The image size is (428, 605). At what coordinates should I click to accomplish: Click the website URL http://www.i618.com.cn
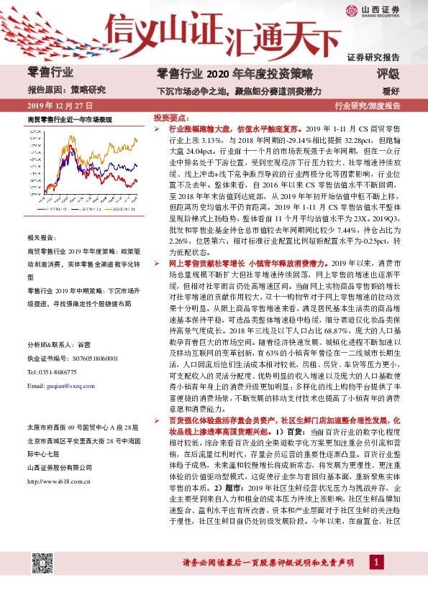[x=59, y=481]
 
